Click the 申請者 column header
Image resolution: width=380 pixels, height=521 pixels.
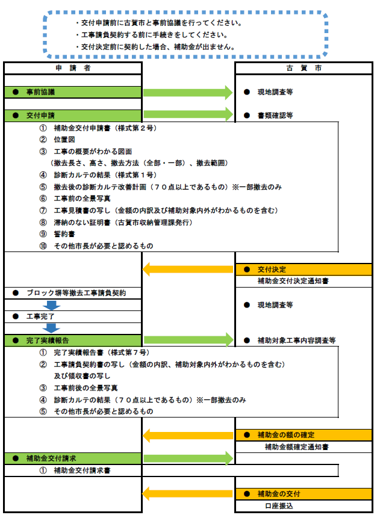73,68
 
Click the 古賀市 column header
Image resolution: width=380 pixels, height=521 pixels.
304,68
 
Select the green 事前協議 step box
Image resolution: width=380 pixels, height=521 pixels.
73,92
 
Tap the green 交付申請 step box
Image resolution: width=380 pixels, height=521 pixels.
73,116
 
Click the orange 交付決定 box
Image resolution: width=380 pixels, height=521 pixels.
304,270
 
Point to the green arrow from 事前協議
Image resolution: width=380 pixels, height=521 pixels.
188,93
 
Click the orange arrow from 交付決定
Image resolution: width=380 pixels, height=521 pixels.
188,269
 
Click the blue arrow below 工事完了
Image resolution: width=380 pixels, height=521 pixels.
52,328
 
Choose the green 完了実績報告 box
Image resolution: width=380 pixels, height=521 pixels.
73,341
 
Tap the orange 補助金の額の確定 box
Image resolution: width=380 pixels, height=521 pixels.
304,435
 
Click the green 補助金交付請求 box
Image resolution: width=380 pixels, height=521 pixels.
73,458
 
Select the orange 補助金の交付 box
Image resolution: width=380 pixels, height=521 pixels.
304,494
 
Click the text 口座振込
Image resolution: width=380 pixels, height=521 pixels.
279,506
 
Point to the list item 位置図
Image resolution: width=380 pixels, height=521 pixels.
64,140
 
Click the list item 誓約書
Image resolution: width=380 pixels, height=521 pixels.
64,234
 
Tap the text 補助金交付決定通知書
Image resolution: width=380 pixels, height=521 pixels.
293,281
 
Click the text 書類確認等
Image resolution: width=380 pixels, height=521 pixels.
275,116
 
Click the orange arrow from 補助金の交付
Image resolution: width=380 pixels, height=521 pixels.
188,494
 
